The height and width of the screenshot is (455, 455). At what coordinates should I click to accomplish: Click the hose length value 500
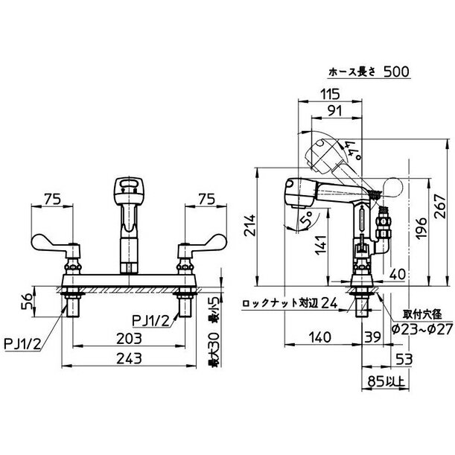(396, 71)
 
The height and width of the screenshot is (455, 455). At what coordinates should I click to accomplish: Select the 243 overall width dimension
(129, 359)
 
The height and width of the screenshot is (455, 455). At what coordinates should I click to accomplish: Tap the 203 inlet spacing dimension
(129, 338)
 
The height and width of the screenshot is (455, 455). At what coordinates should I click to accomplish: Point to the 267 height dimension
(439, 206)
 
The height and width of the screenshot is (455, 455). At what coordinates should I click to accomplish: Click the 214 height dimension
(249, 226)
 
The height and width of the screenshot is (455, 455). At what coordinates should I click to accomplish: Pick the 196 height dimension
(421, 228)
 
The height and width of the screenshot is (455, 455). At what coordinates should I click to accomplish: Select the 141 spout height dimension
(321, 245)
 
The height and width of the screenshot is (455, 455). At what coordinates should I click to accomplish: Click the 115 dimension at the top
(330, 94)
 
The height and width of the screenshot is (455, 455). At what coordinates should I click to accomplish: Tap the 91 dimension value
(334, 110)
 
